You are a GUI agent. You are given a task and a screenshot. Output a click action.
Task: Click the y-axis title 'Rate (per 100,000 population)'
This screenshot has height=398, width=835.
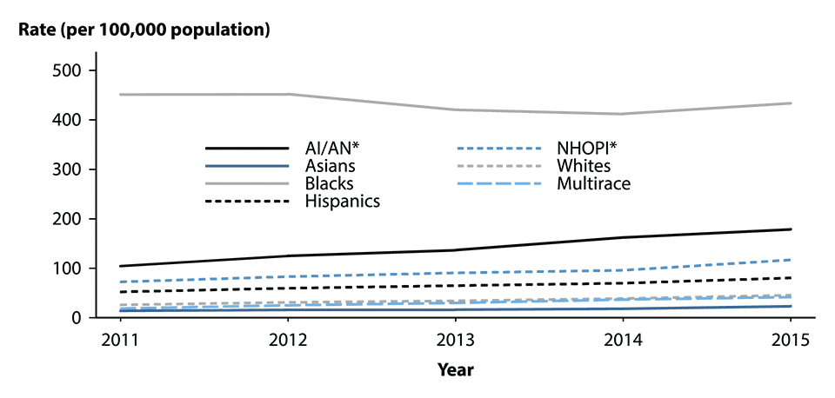click(x=144, y=30)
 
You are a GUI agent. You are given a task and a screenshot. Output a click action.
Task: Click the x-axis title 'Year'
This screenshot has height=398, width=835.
click(x=456, y=369)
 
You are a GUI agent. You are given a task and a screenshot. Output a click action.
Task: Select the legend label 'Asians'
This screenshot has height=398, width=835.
click(x=330, y=165)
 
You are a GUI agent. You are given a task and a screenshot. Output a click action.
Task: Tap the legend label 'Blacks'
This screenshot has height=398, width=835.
click(x=329, y=183)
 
